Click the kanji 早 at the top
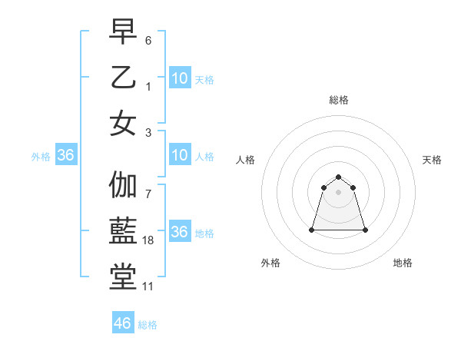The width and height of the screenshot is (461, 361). pyautogui.click(x=124, y=32)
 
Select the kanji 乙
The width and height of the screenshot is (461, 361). pyautogui.click(x=124, y=78)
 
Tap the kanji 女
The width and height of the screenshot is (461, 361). pyautogui.click(x=124, y=123)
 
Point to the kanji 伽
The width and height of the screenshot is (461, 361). pyautogui.click(x=124, y=185)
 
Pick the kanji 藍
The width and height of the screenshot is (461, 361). pyautogui.click(x=124, y=231)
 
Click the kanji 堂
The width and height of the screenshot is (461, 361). pyautogui.click(x=124, y=277)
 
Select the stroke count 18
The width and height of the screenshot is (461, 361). pyautogui.click(x=149, y=240)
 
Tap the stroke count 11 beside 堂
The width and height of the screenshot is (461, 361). pyautogui.click(x=148, y=286)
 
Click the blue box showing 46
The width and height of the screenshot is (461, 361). pyautogui.click(x=122, y=323)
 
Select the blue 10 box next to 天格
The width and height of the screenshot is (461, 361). pyautogui.click(x=179, y=78)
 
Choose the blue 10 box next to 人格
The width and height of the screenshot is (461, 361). pyautogui.click(x=179, y=156)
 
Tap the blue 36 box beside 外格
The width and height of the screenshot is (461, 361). pyautogui.click(x=65, y=156)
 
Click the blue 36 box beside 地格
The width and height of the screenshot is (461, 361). pyautogui.click(x=179, y=233)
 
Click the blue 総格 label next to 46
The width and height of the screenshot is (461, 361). pyautogui.click(x=148, y=325)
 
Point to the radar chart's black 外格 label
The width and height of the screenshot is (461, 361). pyautogui.click(x=270, y=263)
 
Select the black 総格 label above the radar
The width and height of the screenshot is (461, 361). pyautogui.click(x=339, y=100)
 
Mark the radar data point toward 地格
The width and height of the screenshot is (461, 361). pyautogui.click(x=365, y=230)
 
